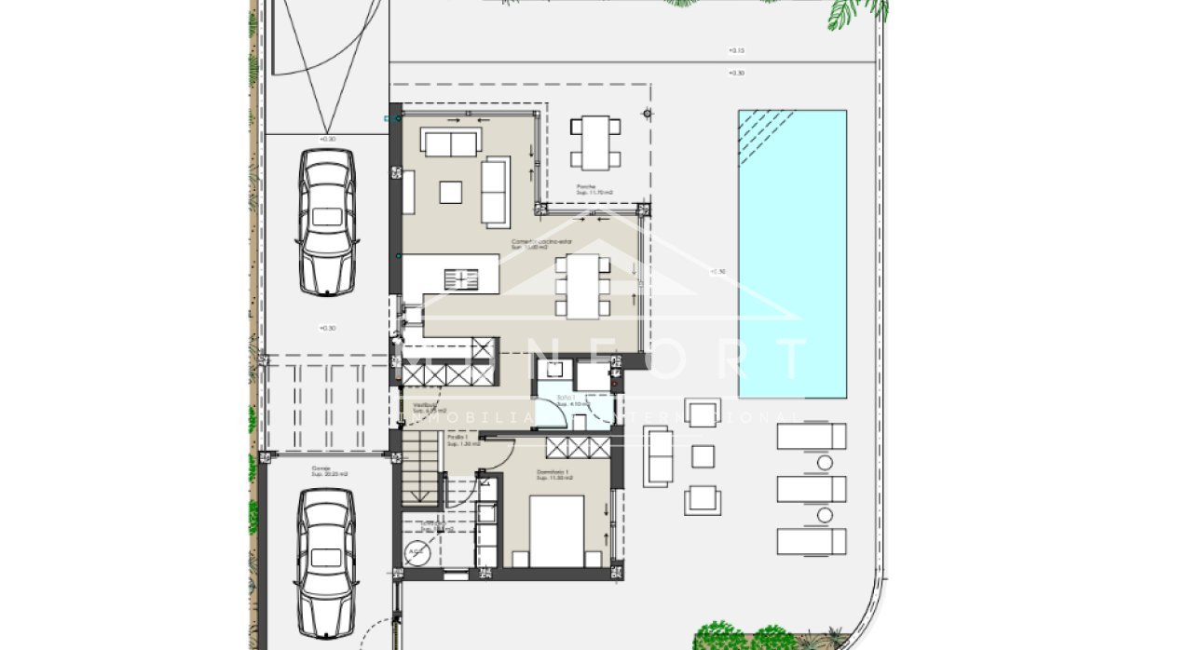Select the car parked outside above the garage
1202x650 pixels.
pos(327,223)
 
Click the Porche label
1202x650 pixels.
pos(586,187)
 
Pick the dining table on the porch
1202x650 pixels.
pos(595,142)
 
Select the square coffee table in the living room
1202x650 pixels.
pos(451,191)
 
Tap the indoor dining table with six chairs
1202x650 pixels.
pos(584,286)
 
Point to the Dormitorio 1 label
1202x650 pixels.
pos(553,474)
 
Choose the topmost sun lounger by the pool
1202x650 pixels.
pos(812,436)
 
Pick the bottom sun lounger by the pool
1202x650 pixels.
pos(812,541)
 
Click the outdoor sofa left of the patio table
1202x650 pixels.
pos(658,456)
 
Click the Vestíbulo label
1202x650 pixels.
pos(426,406)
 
